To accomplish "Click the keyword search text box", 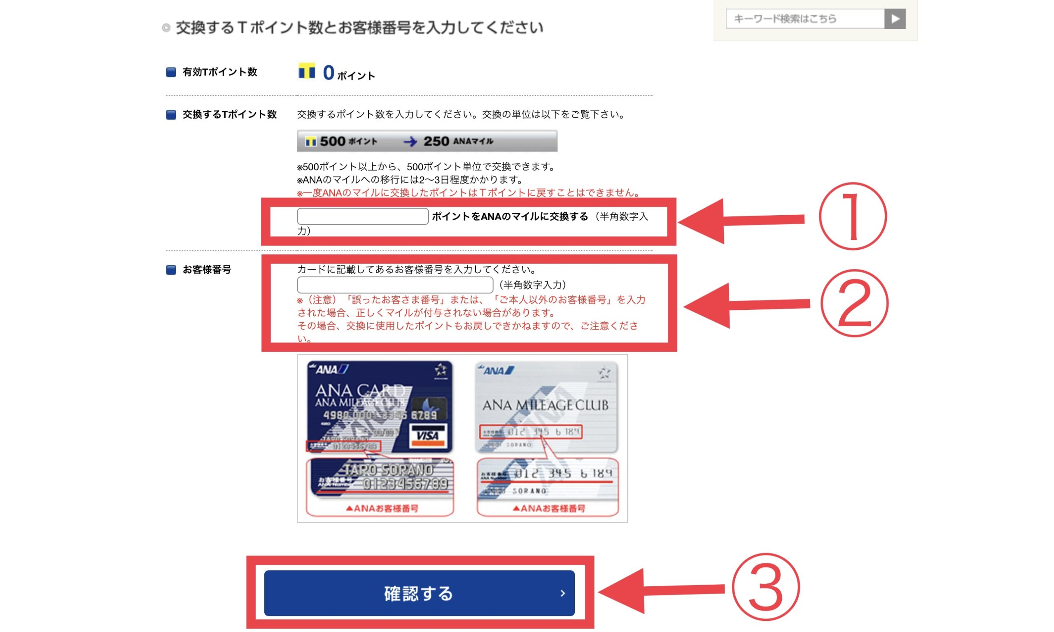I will click(804, 19).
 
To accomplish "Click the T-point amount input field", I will click(362, 216).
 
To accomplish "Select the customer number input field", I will click(394, 284).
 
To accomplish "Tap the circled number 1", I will click(852, 216).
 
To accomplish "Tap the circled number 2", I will click(854, 303).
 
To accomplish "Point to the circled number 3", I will click(765, 587).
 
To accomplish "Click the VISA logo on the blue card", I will click(427, 435).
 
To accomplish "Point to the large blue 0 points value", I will click(329, 73).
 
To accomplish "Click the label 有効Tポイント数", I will click(219, 72).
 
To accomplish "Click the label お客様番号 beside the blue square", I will click(207, 270).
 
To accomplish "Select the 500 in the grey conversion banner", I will click(332, 141).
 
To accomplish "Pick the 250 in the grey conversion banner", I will click(436, 141).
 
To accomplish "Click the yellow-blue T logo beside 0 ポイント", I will click(306, 71).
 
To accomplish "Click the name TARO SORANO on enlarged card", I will click(389, 470).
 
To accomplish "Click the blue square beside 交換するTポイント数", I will click(171, 114).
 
